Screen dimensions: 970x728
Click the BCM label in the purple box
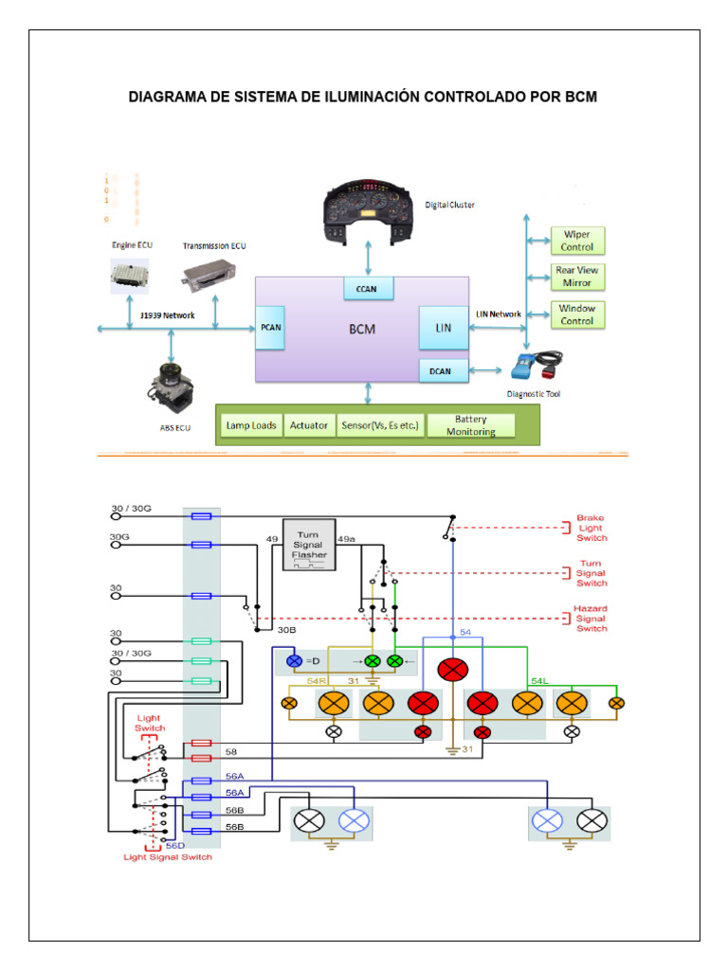[x=361, y=330]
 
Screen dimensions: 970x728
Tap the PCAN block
[x=271, y=328]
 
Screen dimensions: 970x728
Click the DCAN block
[x=440, y=371]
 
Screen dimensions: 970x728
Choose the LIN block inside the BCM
[x=443, y=328]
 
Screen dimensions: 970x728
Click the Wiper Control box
[x=577, y=240]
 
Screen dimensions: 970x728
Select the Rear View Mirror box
[x=577, y=277]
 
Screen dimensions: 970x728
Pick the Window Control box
[x=577, y=314]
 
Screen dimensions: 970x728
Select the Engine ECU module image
[x=130, y=275]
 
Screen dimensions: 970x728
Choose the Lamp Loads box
[x=251, y=425]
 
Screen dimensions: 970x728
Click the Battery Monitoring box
[x=471, y=425]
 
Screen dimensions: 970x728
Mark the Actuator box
[x=309, y=425]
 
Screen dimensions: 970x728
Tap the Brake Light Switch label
[x=591, y=528]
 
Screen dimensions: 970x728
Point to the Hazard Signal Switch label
[x=591, y=618]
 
